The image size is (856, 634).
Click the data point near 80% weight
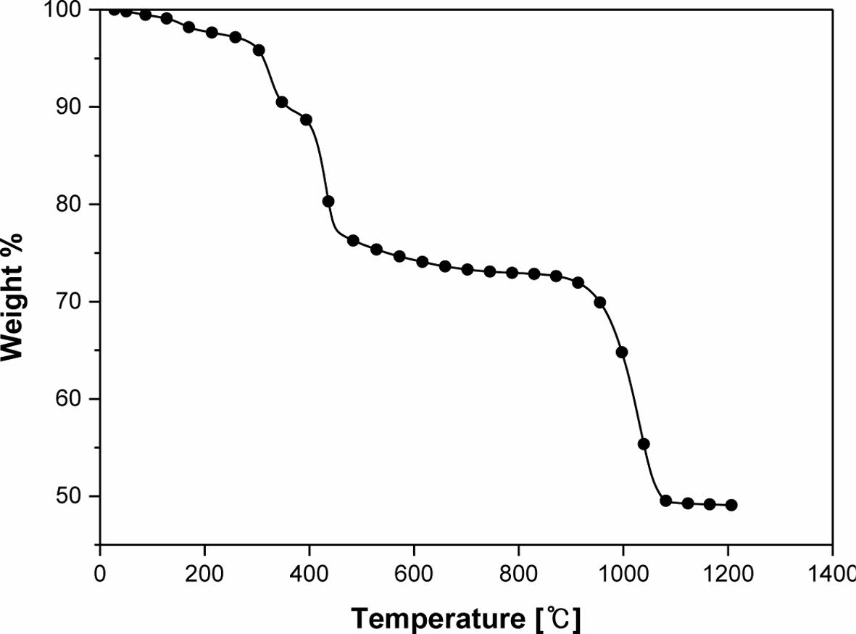coord(328,201)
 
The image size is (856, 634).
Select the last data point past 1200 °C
coord(731,505)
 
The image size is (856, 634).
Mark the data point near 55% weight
coord(643,444)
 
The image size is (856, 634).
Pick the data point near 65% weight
coord(621,352)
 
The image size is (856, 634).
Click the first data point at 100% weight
coord(114,9)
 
